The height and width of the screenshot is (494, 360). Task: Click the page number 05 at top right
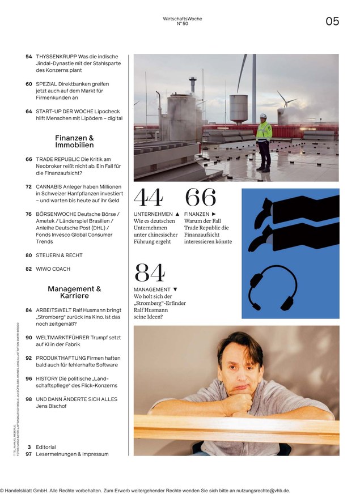point(332,22)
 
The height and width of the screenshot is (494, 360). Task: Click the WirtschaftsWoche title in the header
point(182,19)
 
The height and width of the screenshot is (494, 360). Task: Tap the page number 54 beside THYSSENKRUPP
point(29,57)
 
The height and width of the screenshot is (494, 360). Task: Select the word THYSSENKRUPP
point(56,57)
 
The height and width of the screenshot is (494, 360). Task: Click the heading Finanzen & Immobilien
point(74,142)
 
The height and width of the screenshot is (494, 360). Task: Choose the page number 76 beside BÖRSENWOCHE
point(29,214)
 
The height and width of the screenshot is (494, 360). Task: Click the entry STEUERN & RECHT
point(59,255)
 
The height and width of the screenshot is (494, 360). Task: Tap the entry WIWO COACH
point(53,269)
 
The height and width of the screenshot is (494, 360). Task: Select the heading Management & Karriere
point(74,292)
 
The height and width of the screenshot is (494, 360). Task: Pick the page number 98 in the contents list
point(29,399)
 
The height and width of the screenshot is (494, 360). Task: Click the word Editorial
point(45,447)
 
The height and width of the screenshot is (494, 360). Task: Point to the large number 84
point(150,274)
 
